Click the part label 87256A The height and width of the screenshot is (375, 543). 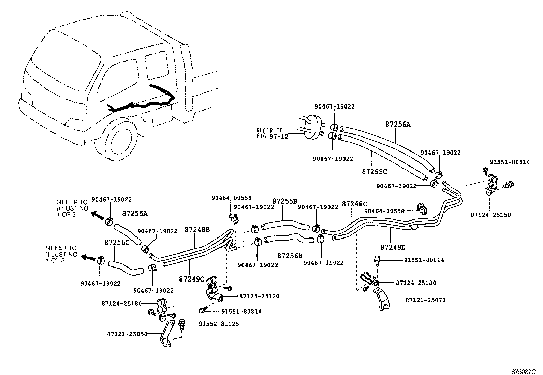pyautogui.click(x=398, y=125)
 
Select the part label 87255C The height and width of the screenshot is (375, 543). pyautogui.click(x=375, y=172)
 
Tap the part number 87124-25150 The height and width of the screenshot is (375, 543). pyautogui.click(x=490, y=215)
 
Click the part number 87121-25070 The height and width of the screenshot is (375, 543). pyautogui.click(x=425, y=300)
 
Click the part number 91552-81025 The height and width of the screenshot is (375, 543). pyautogui.click(x=219, y=323)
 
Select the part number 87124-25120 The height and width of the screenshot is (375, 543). pyautogui.click(x=259, y=296)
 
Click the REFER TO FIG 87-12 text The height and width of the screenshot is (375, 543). pyautogui.click(x=270, y=133)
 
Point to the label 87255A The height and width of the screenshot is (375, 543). pyautogui.click(x=135, y=214)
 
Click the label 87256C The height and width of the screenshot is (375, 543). pyautogui.click(x=117, y=242)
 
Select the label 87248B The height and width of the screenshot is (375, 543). pyautogui.click(x=197, y=229)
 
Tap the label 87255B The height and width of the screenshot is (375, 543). pyautogui.click(x=285, y=201)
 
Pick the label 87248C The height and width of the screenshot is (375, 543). pyautogui.click(x=354, y=204)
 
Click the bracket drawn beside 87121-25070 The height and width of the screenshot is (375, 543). pyautogui.click(x=382, y=299)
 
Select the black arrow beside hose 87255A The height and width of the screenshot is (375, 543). pyautogui.click(x=98, y=216)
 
